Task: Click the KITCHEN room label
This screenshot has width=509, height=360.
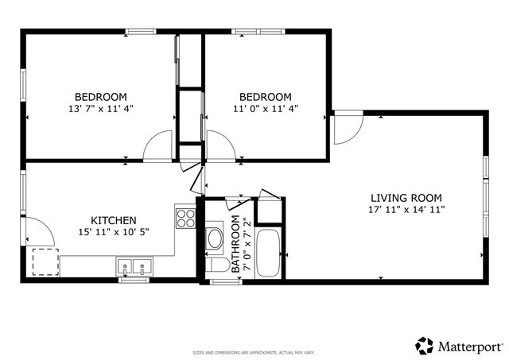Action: pyautogui.click(x=113, y=220)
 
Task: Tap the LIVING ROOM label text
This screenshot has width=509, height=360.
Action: pyautogui.click(x=406, y=198)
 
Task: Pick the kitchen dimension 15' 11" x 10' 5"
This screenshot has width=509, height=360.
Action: pyautogui.click(x=113, y=232)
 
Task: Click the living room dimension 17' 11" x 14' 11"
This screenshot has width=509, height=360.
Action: pyautogui.click(x=406, y=210)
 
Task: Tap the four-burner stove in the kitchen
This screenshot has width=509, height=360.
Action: pyautogui.click(x=185, y=217)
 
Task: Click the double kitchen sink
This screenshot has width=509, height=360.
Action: pyautogui.click(x=134, y=266)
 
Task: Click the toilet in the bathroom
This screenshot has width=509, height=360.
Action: pyautogui.click(x=216, y=265)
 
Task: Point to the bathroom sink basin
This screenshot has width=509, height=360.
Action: pyautogui.click(x=215, y=238)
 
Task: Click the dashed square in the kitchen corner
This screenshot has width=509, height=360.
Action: pyautogui.click(x=45, y=261)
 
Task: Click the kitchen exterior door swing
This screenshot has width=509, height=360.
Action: pyautogui.click(x=39, y=230)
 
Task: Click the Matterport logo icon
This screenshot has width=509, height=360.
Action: pyautogui.click(x=425, y=346)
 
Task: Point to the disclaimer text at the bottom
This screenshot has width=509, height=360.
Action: pyautogui.click(x=254, y=352)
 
